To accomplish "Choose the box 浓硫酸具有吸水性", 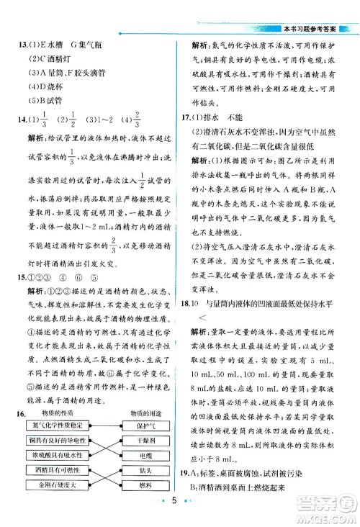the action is pos(55,455).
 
